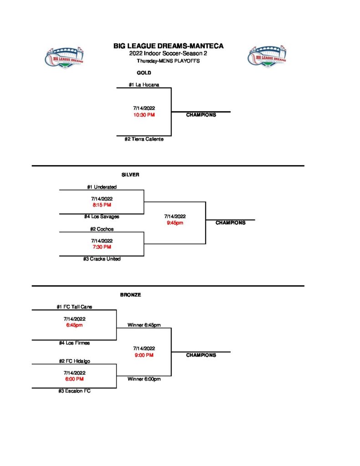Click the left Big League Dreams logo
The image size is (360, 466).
(x=67, y=58)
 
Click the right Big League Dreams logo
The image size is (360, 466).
(x=267, y=57)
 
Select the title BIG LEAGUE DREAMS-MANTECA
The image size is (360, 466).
(x=168, y=46)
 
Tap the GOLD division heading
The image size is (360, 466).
(x=144, y=73)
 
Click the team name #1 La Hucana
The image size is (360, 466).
(x=143, y=84)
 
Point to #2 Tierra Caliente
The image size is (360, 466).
(x=144, y=139)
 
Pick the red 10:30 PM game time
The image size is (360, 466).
(x=144, y=115)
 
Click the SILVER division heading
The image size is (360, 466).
(x=130, y=175)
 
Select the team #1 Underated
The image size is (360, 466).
(x=102, y=187)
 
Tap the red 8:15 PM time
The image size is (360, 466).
(x=102, y=205)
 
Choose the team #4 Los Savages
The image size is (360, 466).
(x=101, y=217)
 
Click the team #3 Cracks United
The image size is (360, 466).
(x=102, y=259)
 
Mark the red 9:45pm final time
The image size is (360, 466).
(x=175, y=223)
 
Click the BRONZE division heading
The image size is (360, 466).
(x=131, y=295)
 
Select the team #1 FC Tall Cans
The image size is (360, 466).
(x=74, y=307)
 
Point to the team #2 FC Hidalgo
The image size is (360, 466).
(x=74, y=361)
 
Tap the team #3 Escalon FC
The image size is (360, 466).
(x=74, y=391)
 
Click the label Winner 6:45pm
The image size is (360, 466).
(x=144, y=325)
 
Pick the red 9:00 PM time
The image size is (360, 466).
(x=144, y=355)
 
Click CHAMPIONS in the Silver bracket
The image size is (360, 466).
(x=230, y=223)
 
